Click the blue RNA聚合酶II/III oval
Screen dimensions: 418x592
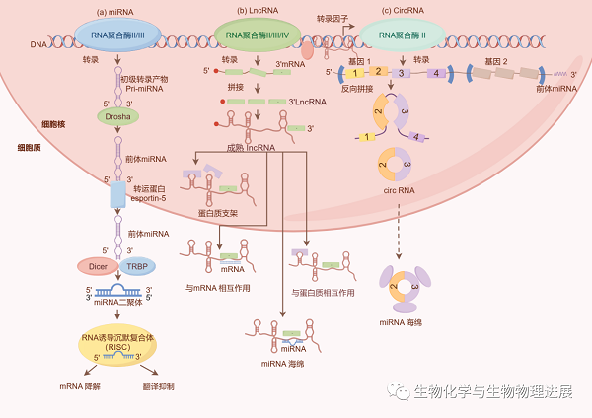pyautogui.click(x=117, y=37)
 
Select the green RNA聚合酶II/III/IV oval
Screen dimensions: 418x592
pyautogui.click(x=257, y=37)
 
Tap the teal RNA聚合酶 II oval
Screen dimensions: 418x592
pyautogui.click(x=400, y=37)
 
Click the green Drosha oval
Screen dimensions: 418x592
pyautogui.click(x=118, y=116)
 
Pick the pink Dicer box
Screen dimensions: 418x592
pyautogui.click(x=97, y=265)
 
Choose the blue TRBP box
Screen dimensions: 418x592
pyautogui.click(x=136, y=265)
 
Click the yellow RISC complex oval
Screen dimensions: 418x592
pyautogui.click(x=117, y=348)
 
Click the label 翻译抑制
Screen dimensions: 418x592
pyautogui.click(x=158, y=386)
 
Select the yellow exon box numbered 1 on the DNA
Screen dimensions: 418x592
pyautogui.click(x=352, y=73)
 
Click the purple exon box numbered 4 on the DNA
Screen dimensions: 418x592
pyautogui.click(x=436, y=73)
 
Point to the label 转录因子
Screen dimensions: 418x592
pyautogui.click(x=333, y=19)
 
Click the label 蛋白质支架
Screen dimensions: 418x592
pyautogui.click(x=218, y=212)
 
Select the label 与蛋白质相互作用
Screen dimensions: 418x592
pyautogui.click(x=323, y=292)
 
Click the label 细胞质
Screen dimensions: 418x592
pyautogui.click(x=29, y=146)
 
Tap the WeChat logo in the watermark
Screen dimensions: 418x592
pyautogui.click(x=400, y=391)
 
